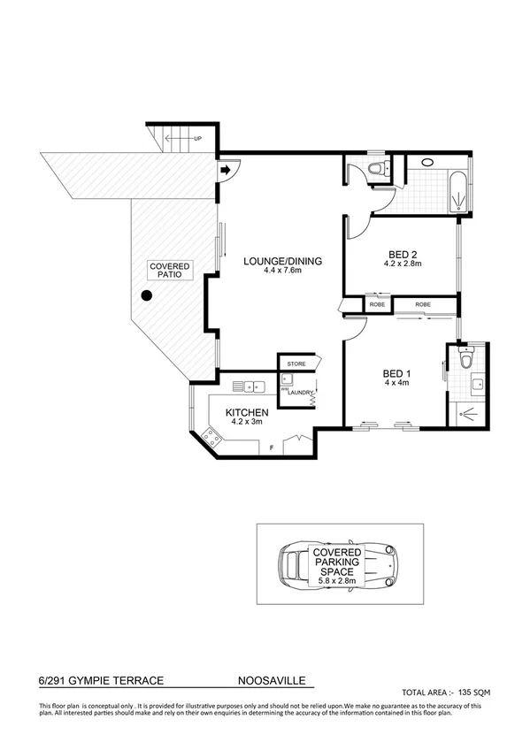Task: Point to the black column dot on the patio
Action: point(146,297)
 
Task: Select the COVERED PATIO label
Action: point(167,271)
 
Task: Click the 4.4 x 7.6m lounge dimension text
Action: point(283,271)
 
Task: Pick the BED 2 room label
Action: point(403,253)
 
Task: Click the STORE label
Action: point(296,364)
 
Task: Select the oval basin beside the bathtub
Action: point(427,163)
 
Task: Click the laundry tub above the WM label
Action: point(287,380)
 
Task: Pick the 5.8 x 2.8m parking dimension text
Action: point(340,581)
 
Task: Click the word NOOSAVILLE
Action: point(275,683)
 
